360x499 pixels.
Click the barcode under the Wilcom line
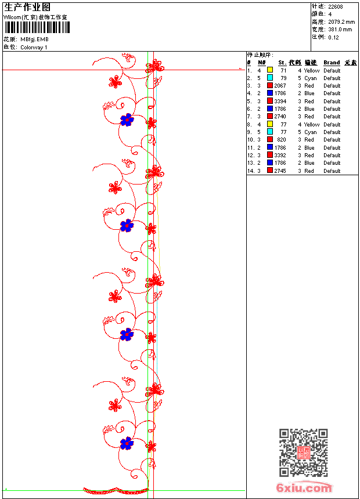[x=36, y=28]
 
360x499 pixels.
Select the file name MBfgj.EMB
[x=34, y=39]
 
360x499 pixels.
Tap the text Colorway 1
[x=34, y=48]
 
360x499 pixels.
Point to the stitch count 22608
[x=336, y=7]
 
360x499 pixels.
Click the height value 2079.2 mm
[x=341, y=22]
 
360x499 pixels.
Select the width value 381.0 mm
[x=340, y=30]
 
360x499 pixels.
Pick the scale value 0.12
[x=333, y=37]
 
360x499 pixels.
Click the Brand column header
[x=332, y=63]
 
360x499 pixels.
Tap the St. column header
[x=282, y=63]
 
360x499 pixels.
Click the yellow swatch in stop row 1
[x=270, y=70]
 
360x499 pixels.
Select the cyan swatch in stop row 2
[x=270, y=78]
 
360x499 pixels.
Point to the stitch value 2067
[x=280, y=86]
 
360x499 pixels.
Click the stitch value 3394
[x=280, y=101]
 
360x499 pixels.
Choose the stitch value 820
[x=282, y=140]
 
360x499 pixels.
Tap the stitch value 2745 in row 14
[x=280, y=171]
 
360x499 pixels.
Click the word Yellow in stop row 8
[x=312, y=124]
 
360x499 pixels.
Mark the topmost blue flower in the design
[x=127, y=120]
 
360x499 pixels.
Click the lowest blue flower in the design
[x=127, y=444]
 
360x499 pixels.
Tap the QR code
[x=303, y=453]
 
